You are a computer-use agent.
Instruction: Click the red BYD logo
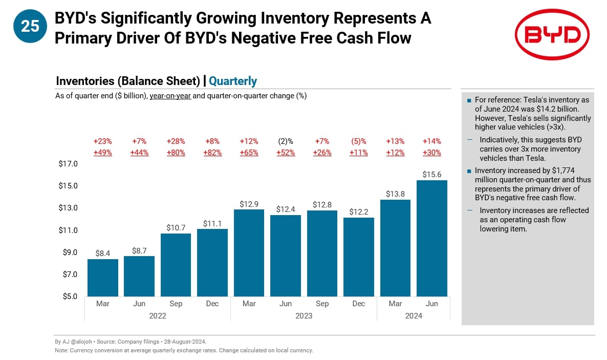pos(552,35)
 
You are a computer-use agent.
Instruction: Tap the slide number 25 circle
pos(30,26)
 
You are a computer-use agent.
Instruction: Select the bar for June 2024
pos(432,238)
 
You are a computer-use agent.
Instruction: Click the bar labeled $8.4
pos(103,278)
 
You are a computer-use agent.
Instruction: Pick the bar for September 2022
pos(176,265)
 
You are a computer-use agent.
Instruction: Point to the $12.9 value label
pos(249,204)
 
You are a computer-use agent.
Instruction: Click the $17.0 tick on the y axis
pos(68,164)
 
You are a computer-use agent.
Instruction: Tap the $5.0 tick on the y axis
pos(68,296)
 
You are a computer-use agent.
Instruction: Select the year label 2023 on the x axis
pos(303,316)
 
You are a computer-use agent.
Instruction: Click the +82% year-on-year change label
pos(212,153)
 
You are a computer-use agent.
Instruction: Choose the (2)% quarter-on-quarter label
pos(286,141)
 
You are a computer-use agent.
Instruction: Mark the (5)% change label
pos(359,141)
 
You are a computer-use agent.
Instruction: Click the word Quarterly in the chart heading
pos(233,81)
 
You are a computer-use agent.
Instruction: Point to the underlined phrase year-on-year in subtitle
pos(170,96)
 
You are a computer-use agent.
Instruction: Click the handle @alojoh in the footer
pos(77,342)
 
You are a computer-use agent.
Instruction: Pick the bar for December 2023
pos(359,257)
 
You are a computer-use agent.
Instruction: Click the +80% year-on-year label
pos(176,153)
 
